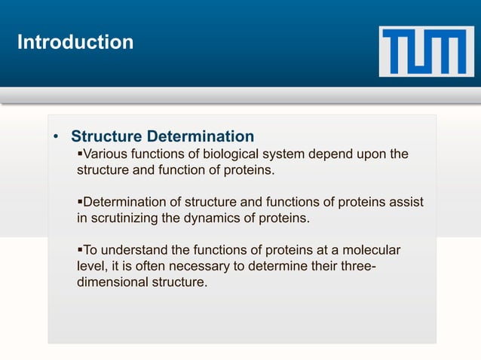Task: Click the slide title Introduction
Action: click(x=75, y=42)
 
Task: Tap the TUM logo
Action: click(x=427, y=50)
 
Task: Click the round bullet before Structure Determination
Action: click(x=57, y=138)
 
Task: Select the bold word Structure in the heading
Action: click(x=105, y=137)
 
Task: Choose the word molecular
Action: click(x=372, y=250)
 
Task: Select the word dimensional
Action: click(x=112, y=282)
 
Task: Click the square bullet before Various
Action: click(x=81, y=155)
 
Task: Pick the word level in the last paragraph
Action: click(x=91, y=267)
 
